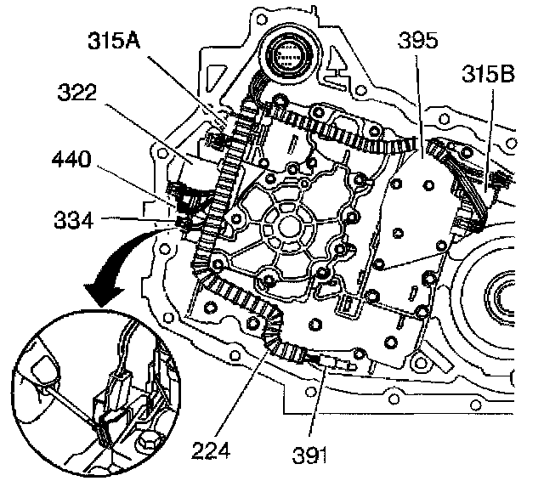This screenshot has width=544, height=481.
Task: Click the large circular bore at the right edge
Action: pos(501,297)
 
